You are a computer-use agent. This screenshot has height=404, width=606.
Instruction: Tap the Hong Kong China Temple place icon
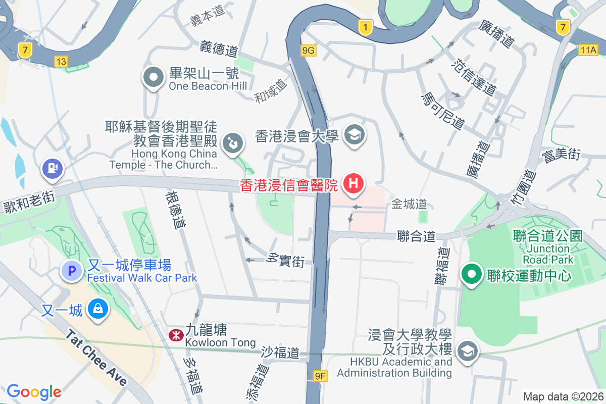tap(233, 142)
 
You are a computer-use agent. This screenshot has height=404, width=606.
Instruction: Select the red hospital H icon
tap(354, 183)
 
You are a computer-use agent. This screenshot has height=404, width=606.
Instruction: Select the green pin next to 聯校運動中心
tap(472, 275)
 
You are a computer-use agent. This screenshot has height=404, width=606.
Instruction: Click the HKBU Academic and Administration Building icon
tap(468, 351)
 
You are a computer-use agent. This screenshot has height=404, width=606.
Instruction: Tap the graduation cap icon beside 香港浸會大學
tap(355, 135)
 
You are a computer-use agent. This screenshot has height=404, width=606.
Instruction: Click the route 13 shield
tap(61, 62)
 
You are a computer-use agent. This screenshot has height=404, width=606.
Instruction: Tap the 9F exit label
tap(320, 376)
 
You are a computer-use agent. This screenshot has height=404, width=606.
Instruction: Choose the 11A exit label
tap(588, 49)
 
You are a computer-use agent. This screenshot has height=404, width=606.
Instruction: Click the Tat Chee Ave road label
tap(96, 357)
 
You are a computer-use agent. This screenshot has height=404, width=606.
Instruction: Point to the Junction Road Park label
tap(548, 254)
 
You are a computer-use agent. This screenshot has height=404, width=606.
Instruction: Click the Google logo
tap(34, 391)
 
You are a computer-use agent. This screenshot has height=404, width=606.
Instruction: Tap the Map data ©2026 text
tap(563, 396)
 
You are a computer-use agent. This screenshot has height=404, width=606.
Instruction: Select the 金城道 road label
tap(409, 204)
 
